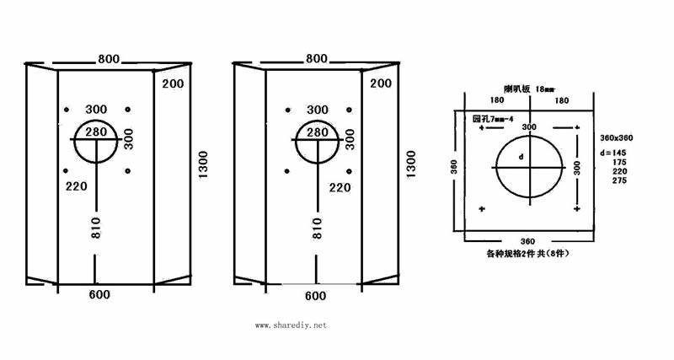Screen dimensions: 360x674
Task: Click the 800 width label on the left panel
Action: pos(108,59)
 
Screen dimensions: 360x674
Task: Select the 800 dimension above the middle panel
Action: pos(316,59)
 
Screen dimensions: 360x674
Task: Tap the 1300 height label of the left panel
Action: pos(202,164)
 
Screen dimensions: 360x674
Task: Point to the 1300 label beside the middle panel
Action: pos(410,164)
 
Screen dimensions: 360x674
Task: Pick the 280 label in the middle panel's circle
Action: pos(317,132)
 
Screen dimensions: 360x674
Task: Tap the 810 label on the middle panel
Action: pos(317,229)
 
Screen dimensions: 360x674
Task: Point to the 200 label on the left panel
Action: pos(174,83)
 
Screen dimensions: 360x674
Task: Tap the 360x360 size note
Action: pos(616,137)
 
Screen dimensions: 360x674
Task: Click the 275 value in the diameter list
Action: pos(619,180)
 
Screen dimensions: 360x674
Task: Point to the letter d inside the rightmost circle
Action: pos(522,157)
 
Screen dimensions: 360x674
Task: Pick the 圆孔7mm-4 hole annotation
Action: pos(494,119)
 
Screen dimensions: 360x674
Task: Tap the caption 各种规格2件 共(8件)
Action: pos(530,252)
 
